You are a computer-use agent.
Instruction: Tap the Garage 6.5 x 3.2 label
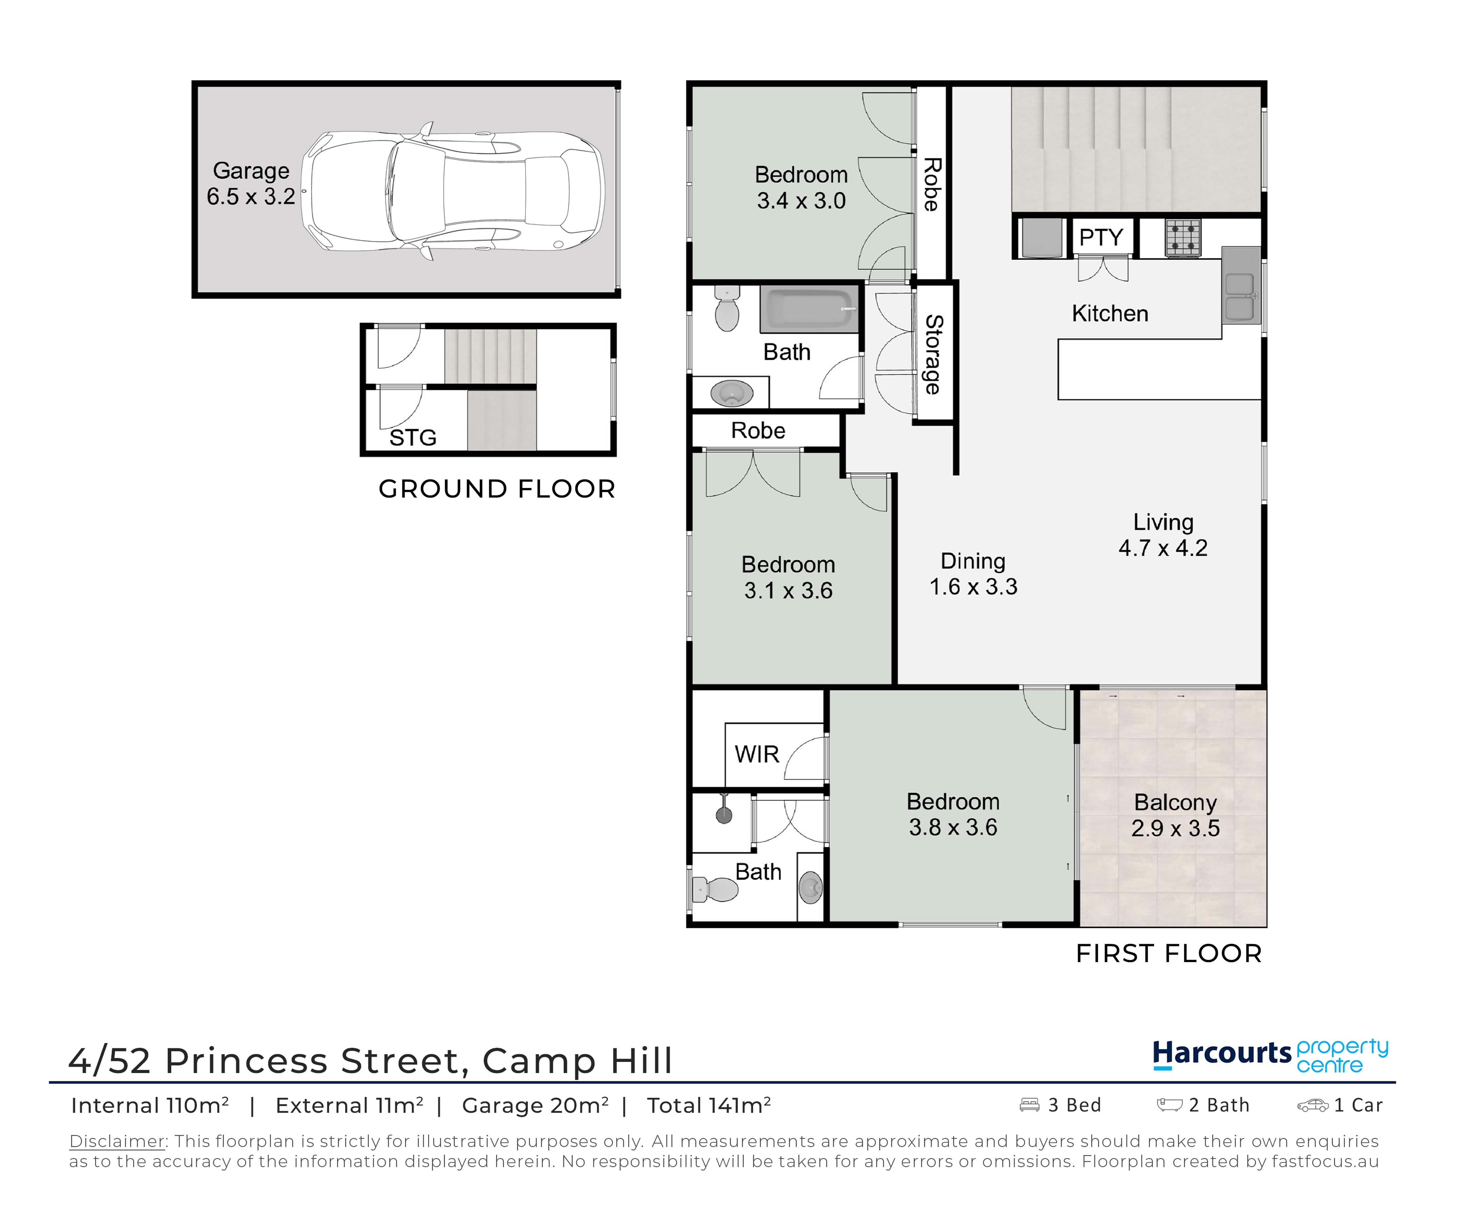tap(251, 183)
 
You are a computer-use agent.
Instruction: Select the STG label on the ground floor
tap(413, 437)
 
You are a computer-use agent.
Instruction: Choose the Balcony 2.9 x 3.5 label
tap(1175, 815)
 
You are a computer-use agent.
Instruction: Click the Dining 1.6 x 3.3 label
tap(973, 574)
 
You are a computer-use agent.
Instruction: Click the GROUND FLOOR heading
tap(497, 489)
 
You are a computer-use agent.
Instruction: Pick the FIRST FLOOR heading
tap(1169, 953)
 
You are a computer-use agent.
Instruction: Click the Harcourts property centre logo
tap(1270, 1056)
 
